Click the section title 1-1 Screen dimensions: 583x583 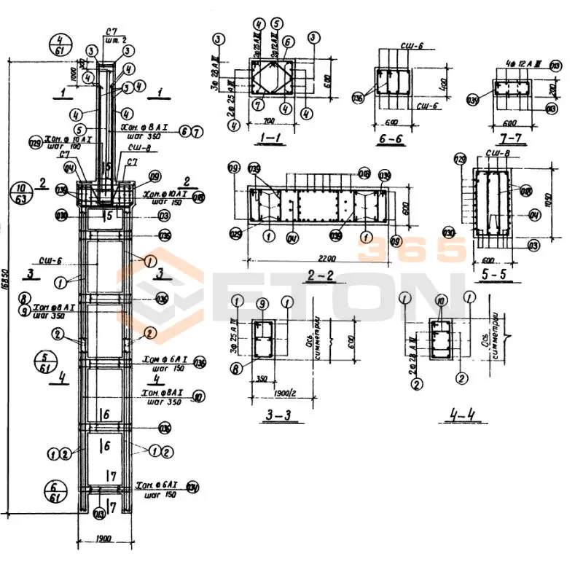pyautogui.click(x=270, y=136)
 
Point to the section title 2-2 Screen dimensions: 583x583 pyautogui.click(x=321, y=276)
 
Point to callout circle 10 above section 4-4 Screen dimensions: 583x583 pyautogui.click(x=439, y=300)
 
